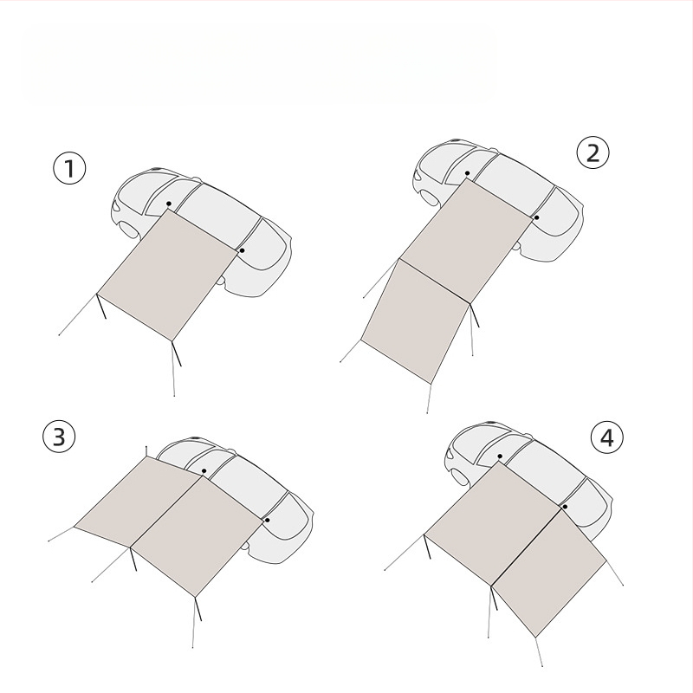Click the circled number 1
[69, 168]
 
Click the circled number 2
[593, 152]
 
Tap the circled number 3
[59, 437]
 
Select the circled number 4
[607, 437]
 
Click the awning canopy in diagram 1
[168, 274]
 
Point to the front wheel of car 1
[128, 230]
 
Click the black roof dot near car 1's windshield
[169, 204]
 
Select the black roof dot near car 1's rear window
[242, 250]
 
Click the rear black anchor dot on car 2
[536, 217]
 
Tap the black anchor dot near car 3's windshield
[204, 471]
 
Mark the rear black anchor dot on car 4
[565, 507]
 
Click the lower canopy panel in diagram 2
[416, 321]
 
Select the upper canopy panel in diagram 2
[466, 241]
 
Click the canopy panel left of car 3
[138, 502]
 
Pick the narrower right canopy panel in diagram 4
[549, 573]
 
